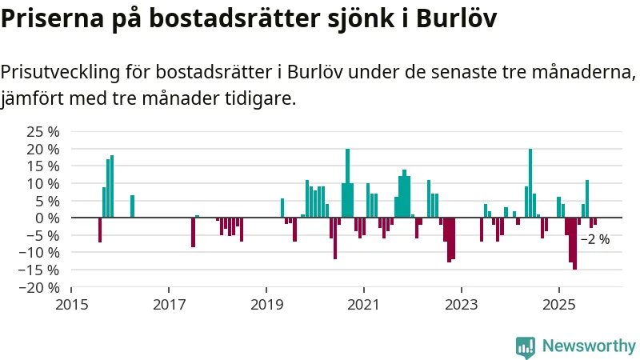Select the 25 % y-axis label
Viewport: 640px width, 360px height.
(43, 132)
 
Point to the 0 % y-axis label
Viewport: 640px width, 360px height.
(48, 218)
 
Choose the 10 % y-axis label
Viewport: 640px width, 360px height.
(43, 183)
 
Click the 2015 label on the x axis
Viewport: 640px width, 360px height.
(71, 305)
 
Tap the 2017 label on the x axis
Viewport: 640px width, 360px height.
(169, 305)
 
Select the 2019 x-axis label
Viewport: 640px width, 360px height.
(266, 305)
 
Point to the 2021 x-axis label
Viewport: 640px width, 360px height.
(364, 305)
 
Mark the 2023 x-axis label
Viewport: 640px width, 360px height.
(462, 305)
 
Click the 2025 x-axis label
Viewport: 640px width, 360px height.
(559, 305)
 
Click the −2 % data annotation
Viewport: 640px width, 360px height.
(594, 239)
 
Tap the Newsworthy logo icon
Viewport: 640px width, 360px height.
(526, 346)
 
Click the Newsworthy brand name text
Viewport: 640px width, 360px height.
(589, 346)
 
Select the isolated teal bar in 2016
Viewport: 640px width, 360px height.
(132, 206)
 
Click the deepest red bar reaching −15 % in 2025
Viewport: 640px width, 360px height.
(574, 243)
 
